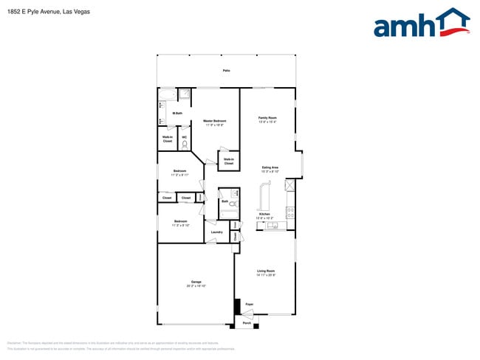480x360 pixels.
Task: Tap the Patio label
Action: pyautogui.click(x=226, y=70)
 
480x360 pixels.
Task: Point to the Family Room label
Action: pyautogui.click(x=267, y=119)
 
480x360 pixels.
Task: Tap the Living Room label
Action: pyautogui.click(x=266, y=273)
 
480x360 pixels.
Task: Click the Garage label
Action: pyautogui.click(x=196, y=283)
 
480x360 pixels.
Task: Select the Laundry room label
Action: pyautogui.click(x=216, y=232)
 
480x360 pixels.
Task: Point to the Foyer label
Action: pyautogui.click(x=250, y=304)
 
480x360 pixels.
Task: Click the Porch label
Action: pyautogui.click(x=247, y=322)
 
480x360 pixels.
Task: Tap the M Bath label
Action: pyautogui.click(x=178, y=113)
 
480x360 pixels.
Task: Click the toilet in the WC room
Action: pyautogui.click(x=185, y=144)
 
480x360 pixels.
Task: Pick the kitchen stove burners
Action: pyautogui.click(x=290, y=212)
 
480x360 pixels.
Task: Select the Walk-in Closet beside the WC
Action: pyautogui.click(x=168, y=139)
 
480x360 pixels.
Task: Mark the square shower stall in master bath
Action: pyautogui.click(x=185, y=94)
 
